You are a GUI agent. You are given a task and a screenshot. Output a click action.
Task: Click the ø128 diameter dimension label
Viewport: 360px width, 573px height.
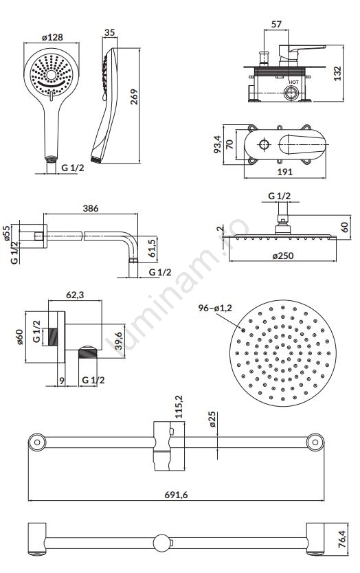click(x=52, y=37)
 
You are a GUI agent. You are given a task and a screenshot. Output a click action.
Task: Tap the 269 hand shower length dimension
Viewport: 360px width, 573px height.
click(x=135, y=96)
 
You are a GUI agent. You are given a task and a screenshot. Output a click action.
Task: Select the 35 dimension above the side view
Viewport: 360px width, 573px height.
click(x=109, y=32)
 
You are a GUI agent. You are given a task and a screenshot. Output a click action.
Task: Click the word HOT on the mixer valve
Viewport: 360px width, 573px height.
click(x=293, y=82)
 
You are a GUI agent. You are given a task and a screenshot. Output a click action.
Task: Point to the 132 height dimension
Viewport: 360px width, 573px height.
click(x=337, y=73)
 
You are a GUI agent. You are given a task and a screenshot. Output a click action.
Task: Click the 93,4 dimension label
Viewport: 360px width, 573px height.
click(x=218, y=144)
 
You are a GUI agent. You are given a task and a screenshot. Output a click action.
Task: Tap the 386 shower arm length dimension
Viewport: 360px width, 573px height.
click(x=90, y=208)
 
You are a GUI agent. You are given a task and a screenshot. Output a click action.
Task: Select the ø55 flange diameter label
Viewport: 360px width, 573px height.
click(x=6, y=233)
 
